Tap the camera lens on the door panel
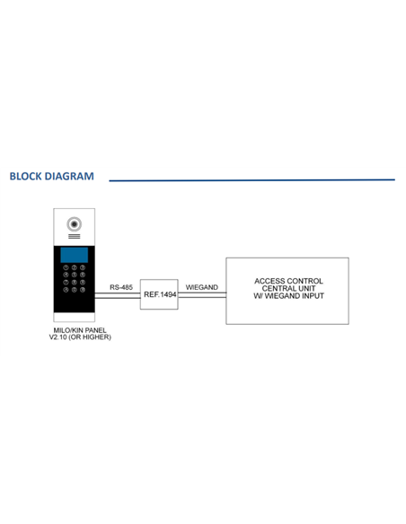[x=74, y=224]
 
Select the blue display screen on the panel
[x=75, y=255]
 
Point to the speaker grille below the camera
[x=75, y=236]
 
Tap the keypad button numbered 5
[x=75, y=275]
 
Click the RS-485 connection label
[x=121, y=287]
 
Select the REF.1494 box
[x=159, y=294]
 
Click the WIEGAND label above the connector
[x=202, y=287]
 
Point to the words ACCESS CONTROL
[x=288, y=281]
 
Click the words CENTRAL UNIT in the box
[x=288, y=288]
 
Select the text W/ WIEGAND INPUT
[x=288, y=296]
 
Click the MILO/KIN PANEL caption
[x=80, y=330]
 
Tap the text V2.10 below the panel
[x=57, y=337]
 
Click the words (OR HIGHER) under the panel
[x=90, y=337]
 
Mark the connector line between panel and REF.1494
[x=118, y=295]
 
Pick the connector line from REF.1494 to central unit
[x=202, y=295]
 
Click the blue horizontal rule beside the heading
[x=252, y=180]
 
